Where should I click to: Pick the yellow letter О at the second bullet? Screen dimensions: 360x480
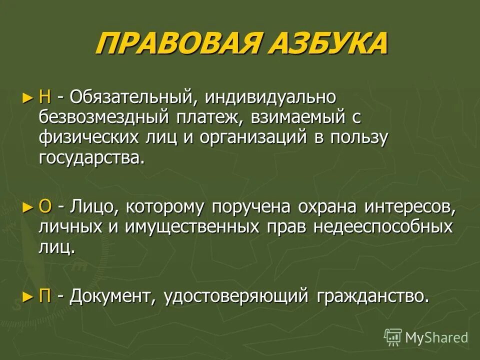[x=45, y=206]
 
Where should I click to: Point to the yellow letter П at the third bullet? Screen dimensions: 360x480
[x=45, y=296]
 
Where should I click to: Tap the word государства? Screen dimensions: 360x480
[x=91, y=158]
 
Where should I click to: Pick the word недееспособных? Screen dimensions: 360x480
[x=383, y=226]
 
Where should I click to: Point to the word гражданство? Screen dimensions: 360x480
[x=373, y=296]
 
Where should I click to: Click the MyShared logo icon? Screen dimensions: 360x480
[x=393, y=337]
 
